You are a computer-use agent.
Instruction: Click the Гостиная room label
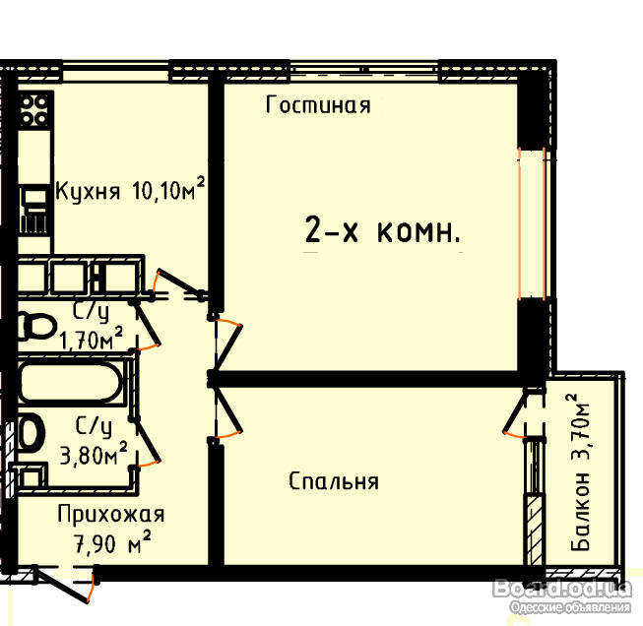[x=318, y=104]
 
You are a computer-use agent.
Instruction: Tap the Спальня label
[x=334, y=481]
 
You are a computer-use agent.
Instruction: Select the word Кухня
[x=88, y=192]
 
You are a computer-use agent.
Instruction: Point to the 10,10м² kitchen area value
[x=168, y=189]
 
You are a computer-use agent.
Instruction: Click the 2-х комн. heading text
[x=383, y=230]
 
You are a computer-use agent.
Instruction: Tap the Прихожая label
[x=110, y=514]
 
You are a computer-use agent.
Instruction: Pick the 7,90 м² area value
[x=112, y=542]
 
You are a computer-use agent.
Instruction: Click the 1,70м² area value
[x=91, y=339]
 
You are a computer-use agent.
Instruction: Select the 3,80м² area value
[x=94, y=453]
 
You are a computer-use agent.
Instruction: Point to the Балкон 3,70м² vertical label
[x=580, y=471]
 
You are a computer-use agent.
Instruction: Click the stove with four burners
[x=34, y=109]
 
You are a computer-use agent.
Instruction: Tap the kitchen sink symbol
[x=34, y=211]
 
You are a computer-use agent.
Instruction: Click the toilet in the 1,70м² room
[x=36, y=326]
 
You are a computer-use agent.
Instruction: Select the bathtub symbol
[x=71, y=383]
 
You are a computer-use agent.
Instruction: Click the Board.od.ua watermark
[x=562, y=589]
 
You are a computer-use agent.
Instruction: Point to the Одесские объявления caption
[x=570, y=607]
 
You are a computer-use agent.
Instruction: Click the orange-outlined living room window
[x=532, y=223]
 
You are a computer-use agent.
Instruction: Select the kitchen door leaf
[x=180, y=282]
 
